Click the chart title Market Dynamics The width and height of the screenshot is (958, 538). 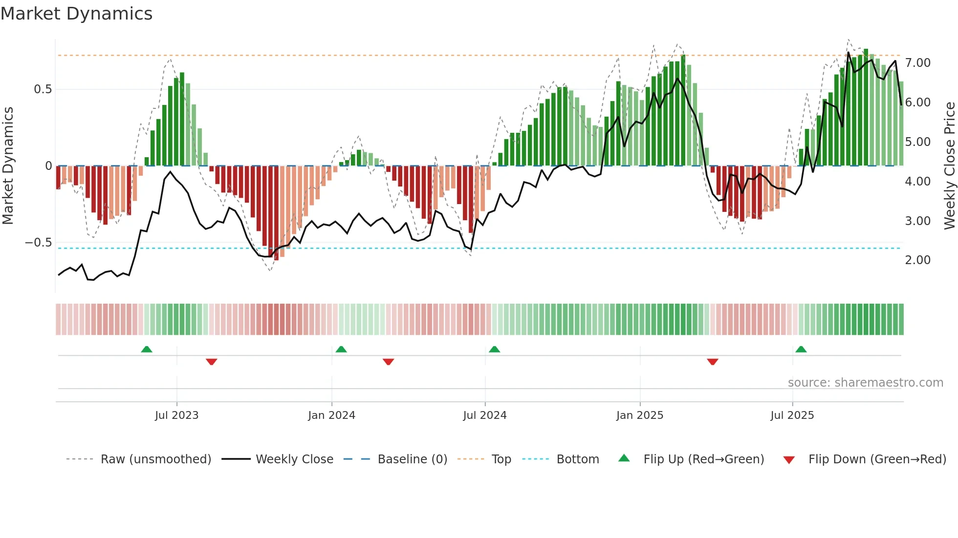click(76, 14)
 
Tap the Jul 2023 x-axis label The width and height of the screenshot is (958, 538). click(176, 415)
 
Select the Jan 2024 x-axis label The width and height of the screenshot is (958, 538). click(331, 415)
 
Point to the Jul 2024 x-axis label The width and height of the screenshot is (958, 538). click(484, 415)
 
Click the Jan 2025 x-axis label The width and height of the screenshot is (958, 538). click(639, 415)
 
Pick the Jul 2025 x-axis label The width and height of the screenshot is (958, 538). click(792, 415)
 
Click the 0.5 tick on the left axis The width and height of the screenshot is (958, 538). click(43, 89)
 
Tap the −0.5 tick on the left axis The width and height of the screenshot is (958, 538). click(38, 243)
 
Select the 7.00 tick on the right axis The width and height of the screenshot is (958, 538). click(917, 63)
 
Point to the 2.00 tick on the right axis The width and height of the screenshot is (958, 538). click(917, 260)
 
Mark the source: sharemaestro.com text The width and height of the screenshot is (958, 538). click(865, 383)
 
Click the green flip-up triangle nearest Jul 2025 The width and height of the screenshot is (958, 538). click(801, 349)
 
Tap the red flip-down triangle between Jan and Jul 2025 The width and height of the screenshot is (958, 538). click(712, 362)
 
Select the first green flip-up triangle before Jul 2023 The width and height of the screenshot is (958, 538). click(147, 349)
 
